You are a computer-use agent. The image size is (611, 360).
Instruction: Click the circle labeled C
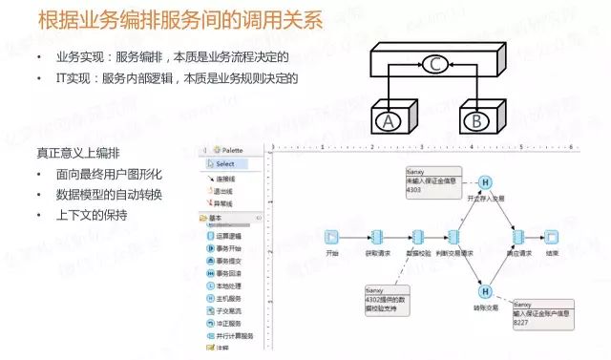pyautogui.click(x=435, y=65)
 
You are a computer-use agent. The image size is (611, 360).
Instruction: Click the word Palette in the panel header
pyautogui.click(x=230, y=150)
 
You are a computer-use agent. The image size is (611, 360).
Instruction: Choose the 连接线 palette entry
pyautogui.click(x=225, y=179)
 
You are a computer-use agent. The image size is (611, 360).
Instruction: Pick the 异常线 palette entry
pyautogui.click(x=225, y=203)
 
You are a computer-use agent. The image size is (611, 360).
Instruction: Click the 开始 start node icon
pyautogui.click(x=331, y=236)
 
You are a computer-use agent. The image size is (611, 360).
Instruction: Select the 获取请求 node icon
pyautogui.click(x=377, y=236)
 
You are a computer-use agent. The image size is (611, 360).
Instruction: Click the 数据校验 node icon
pyautogui.click(x=417, y=236)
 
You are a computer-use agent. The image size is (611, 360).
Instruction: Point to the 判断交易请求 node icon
pyautogui.click(x=454, y=236)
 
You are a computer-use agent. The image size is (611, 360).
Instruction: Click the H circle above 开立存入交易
pyautogui.click(x=485, y=182)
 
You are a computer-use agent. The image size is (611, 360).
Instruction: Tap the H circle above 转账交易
pyautogui.click(x=485, y=291)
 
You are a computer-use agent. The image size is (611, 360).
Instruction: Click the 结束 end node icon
pyautogui.click(x=551, y=236)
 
